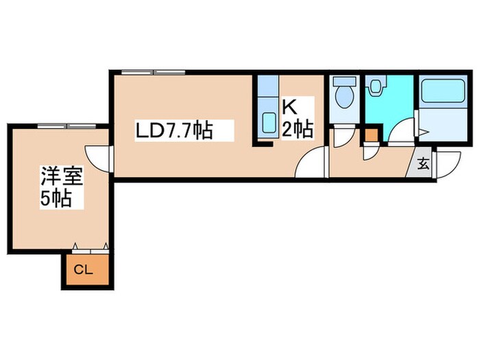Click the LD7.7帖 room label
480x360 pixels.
174,131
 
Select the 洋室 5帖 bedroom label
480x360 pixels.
62,187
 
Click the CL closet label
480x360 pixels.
83,270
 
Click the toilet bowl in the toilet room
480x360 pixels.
344,97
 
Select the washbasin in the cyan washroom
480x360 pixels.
374,86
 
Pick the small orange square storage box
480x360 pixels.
372,135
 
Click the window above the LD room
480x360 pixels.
153,73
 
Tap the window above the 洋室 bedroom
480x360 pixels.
67,125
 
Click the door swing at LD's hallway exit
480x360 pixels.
310,162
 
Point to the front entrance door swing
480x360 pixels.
448,165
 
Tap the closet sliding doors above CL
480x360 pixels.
91,251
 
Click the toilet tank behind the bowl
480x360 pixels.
344,81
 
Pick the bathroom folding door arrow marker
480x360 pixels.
424,132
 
